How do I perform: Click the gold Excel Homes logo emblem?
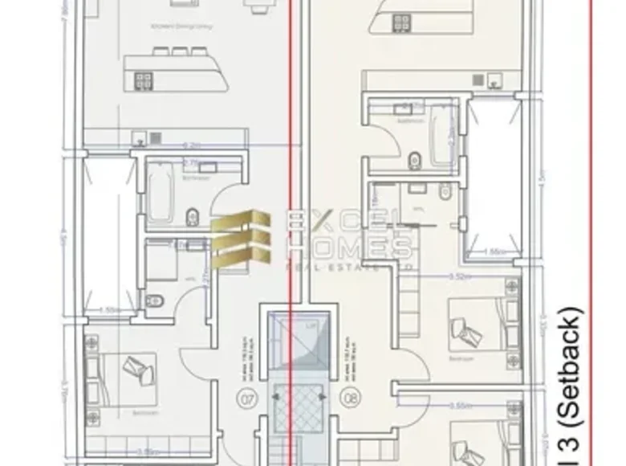241,235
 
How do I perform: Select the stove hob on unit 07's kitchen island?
144,80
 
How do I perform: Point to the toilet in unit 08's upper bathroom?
415,159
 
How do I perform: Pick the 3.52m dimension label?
459,277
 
